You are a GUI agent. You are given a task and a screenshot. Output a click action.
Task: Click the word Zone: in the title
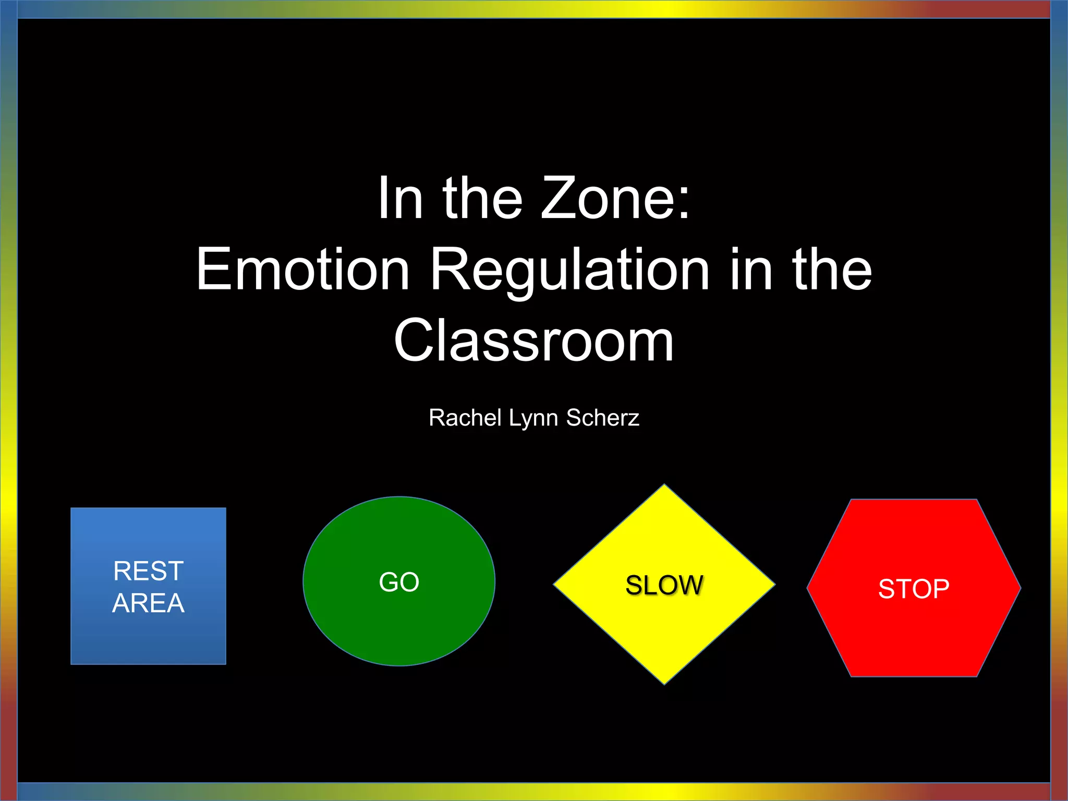click(x=616, y=199)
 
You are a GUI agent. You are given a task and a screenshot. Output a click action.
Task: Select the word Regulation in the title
click(x=569, y=270)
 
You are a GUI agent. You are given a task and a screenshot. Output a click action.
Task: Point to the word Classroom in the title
click(x=534, y=341)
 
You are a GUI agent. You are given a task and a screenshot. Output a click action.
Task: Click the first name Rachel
click(x=465, y=418)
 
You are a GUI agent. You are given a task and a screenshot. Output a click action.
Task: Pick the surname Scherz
click(x=603, y=418)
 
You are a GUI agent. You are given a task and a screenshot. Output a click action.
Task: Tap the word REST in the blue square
click(x=149, y=571)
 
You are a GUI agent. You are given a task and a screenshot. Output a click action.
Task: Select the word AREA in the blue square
click(x=149, y=603)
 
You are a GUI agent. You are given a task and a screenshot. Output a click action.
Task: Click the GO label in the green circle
click(x=399, y=582)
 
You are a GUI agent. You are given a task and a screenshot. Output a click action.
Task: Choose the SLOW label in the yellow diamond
click(x=664, y=585)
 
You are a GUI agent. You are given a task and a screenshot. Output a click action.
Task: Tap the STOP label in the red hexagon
click(x=914, y=589)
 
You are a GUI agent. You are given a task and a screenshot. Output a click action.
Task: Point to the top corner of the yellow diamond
click(x=664, y=485)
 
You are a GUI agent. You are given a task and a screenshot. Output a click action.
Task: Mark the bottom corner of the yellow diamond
click(x=664, y=684)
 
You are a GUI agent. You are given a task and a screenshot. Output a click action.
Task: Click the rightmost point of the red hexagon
click(x=1020, y=588)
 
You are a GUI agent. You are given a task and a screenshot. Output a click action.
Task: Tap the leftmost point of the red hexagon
click(x=808, y=588)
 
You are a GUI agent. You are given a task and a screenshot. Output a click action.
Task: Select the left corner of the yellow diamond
click(x=554, y=585)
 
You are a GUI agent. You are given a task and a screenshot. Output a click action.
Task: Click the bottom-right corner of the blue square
click(x=225, y=663)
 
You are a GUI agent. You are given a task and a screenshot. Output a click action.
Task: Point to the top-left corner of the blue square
click(x=71, y=508)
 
